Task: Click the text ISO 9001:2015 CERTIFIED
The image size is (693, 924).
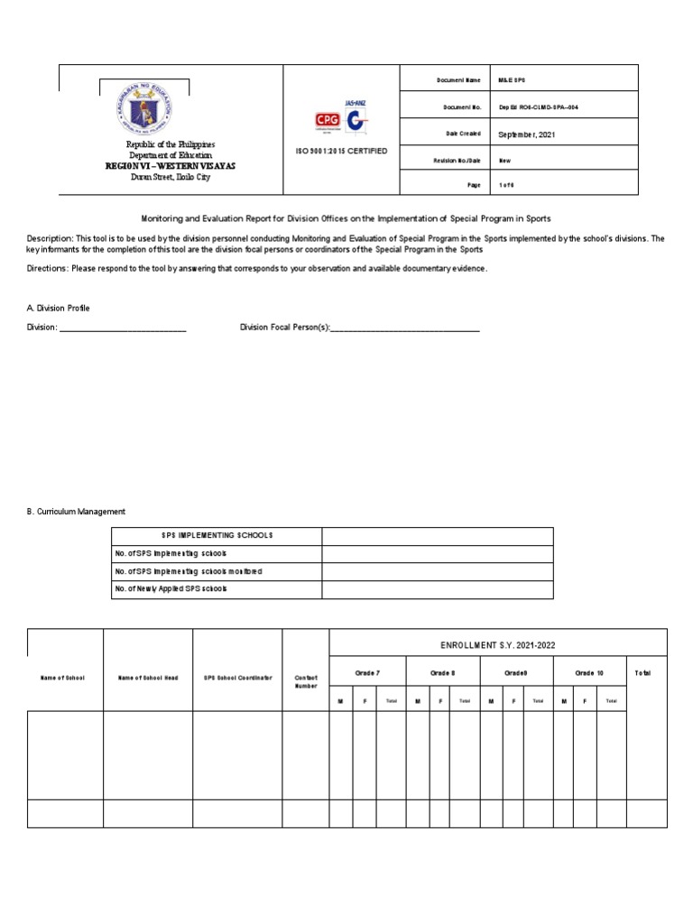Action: click(340, 151)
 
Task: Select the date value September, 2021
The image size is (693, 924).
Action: click(528, 134)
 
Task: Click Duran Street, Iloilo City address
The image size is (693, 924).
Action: click(171, 177)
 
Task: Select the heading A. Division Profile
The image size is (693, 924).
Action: click(58, 308)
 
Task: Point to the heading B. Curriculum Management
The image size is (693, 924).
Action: click(76, 512)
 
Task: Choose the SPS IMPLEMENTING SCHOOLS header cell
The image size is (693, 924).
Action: click(216, 536)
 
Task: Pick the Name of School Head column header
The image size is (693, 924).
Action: click(147, 677)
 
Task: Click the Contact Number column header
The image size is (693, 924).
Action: click(305, 680)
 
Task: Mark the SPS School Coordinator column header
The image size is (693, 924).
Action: click(236, 677)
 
